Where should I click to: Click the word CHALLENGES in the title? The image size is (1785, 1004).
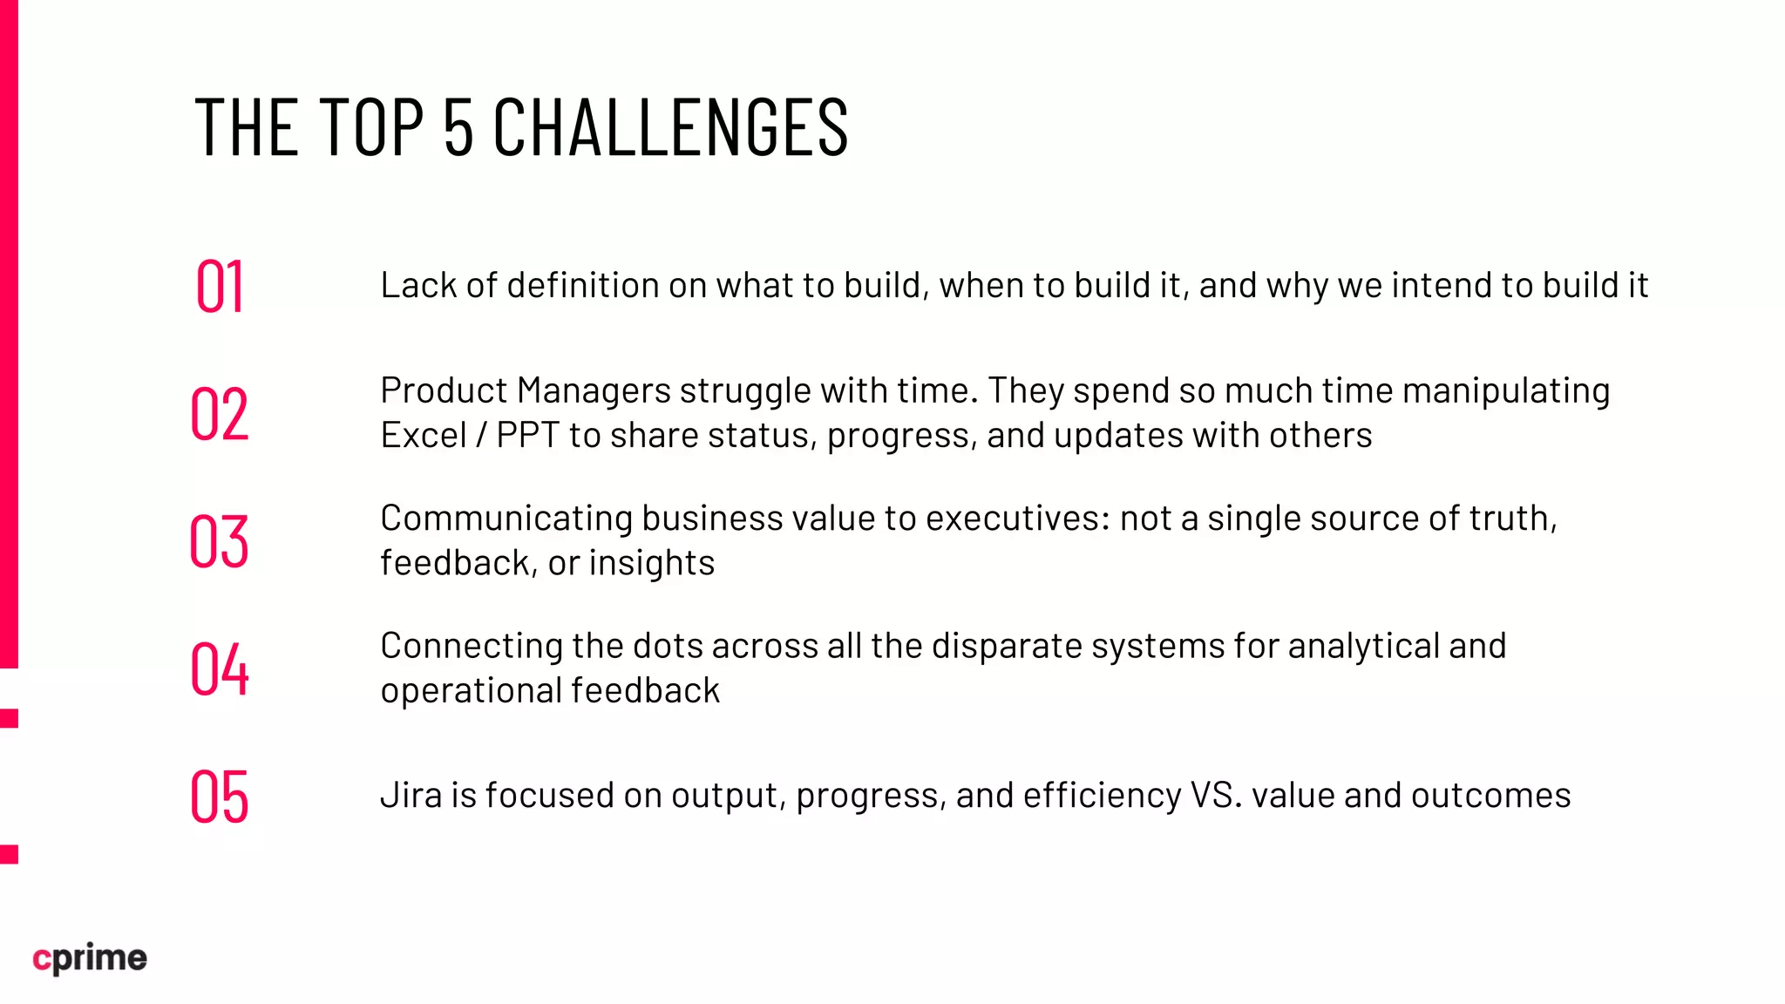point(670,127)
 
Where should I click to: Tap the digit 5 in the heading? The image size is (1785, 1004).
point(458,127)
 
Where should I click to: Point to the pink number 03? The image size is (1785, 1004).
point(220,541)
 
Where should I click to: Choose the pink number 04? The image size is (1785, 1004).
point(220,668)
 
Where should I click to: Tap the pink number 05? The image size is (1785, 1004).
point(220,797)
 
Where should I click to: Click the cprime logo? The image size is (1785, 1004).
point(90,958)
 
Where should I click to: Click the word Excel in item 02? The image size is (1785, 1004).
point(424,435)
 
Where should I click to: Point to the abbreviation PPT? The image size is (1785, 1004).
point(527,435)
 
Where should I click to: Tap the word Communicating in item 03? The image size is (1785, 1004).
point(506,519)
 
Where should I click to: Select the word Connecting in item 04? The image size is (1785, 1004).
point(472,646)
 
